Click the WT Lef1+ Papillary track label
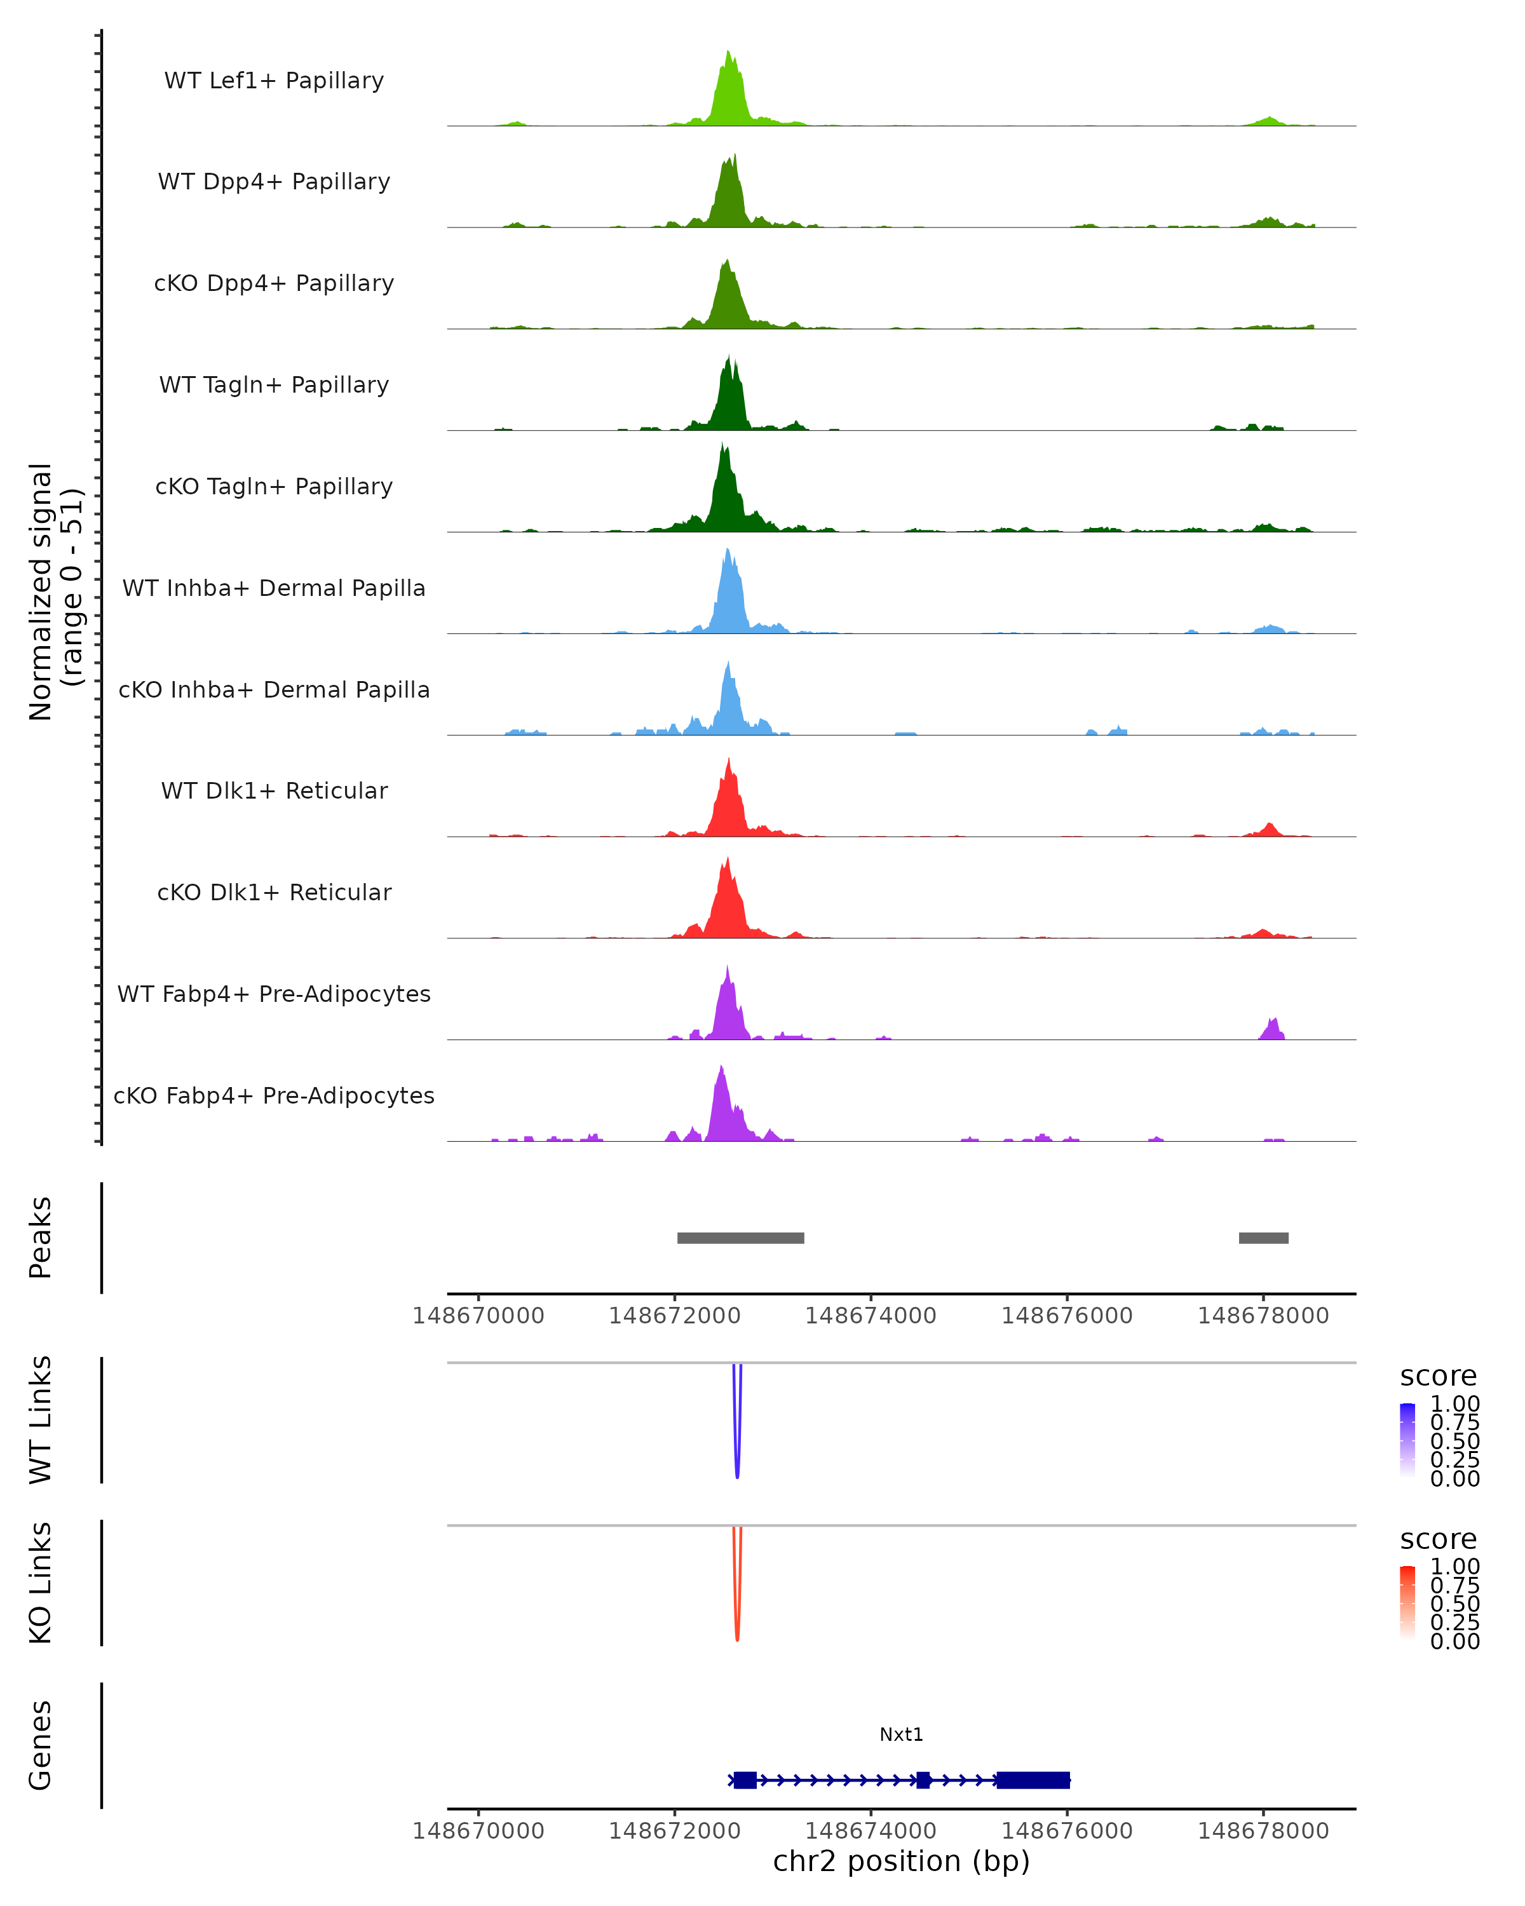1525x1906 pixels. (x=274, y=81)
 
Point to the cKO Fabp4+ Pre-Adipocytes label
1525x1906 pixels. (x=274, y=1095)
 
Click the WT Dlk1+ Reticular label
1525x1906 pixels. (x=274, y=791)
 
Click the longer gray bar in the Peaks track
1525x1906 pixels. (x=741, y=1238)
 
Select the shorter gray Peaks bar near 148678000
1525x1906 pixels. (x=1263, y=1238)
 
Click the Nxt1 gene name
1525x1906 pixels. (x=901, y=1734)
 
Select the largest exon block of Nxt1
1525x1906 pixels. (x=1033, y=1780)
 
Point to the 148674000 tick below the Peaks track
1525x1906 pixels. (x=871, y=1316)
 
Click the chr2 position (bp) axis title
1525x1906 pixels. (x=901, y=1861)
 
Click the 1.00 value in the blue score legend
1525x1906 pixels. (x=1454, y=1404)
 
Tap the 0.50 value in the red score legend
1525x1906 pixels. (x=1454, y=1604)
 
